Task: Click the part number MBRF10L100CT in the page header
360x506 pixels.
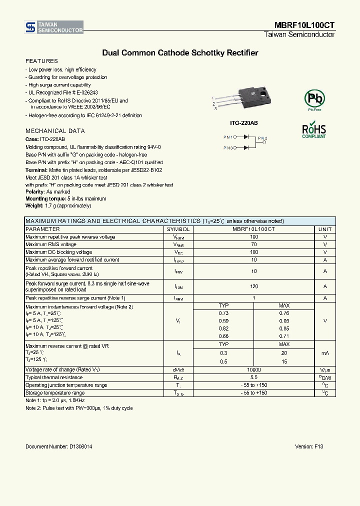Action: (304, 24)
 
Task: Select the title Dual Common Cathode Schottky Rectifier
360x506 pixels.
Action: (180, 52)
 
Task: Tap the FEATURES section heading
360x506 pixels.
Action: (41, 61)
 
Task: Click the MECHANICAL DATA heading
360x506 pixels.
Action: (55, 131)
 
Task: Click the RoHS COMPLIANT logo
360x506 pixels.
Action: (314, 129)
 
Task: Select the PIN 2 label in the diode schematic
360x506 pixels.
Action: (263, 138)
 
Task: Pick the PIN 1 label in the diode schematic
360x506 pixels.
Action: (228, 136)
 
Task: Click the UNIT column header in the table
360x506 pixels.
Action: (325, 229)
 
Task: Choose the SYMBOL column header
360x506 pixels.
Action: (178, 229)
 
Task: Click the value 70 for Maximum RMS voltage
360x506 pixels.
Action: (254, 244)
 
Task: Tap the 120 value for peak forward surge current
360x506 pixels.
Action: (254, 286)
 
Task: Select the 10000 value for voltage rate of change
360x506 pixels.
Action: (254, 369)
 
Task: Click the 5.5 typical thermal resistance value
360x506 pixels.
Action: (254, 377)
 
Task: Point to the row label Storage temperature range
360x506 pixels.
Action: (55, 393)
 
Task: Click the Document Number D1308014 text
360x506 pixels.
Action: (58, 446)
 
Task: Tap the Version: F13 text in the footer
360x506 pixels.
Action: (309, 446)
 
